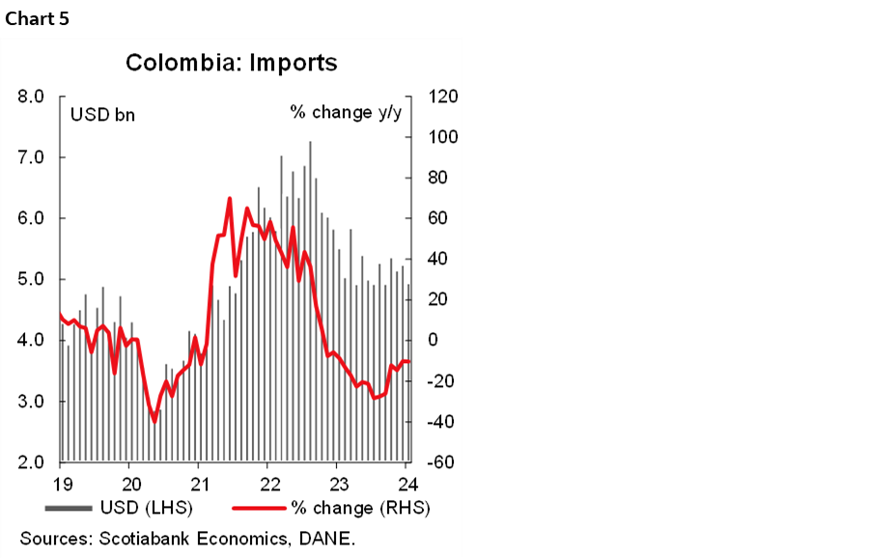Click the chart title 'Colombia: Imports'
point(232,64)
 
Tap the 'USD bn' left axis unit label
point(102,115)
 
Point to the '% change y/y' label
point(346,113)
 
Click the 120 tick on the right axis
point(434,97)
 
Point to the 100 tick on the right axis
point(434,137)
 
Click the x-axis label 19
point(63,484)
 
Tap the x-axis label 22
point(270,484)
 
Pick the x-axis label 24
point(407,484)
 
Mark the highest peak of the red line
point(230,198)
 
